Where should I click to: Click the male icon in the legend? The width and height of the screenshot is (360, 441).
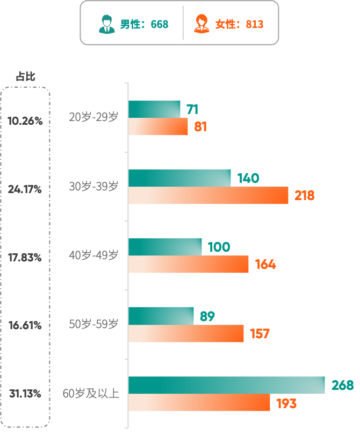point(107,24)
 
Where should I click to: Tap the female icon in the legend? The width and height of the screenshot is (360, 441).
point(201,24)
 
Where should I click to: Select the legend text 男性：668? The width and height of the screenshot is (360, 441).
point(144,24)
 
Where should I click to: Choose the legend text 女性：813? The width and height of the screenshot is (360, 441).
point(239,24)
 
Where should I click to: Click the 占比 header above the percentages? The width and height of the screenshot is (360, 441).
point(25,77)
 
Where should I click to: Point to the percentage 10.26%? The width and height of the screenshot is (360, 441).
point(25,121)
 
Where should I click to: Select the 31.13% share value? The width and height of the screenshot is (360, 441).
point(25,394)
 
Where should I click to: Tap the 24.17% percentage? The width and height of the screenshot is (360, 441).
point(25,189)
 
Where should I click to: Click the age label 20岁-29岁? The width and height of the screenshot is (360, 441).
point(93,117)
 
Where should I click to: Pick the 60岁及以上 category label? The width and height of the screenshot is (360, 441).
point(91,394)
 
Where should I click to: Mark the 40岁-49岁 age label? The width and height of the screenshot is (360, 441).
point(93,255)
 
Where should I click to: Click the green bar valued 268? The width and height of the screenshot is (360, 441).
point(226,385)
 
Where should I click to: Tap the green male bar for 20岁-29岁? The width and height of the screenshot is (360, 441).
point(154,109)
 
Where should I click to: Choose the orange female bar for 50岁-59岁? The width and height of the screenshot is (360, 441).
point(186,334)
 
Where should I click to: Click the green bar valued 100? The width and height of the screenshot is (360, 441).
point(165,247)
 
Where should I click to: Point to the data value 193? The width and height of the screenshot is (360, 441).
point(286,403)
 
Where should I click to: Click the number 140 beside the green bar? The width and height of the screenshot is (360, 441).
point(248,178)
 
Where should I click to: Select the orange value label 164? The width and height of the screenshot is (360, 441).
point(265,265)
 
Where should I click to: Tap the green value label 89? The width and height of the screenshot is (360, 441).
point(207,316)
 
